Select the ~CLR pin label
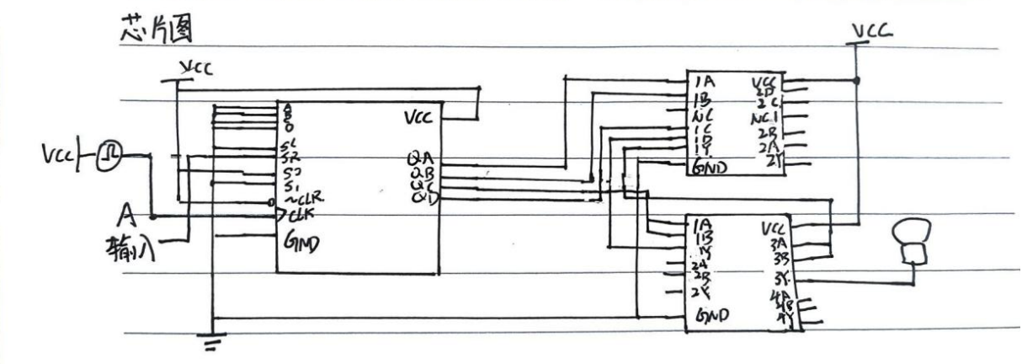(301, 201)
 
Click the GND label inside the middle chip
(304, 244)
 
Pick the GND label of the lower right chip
(712, 317)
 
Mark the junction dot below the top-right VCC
(857, 81)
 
